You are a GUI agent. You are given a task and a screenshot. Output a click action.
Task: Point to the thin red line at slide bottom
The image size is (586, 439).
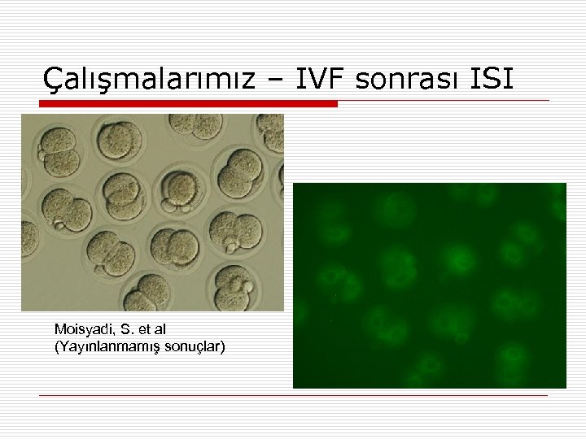(293, 396)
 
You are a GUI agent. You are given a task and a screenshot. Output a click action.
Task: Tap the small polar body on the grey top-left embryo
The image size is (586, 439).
(42, 154)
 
